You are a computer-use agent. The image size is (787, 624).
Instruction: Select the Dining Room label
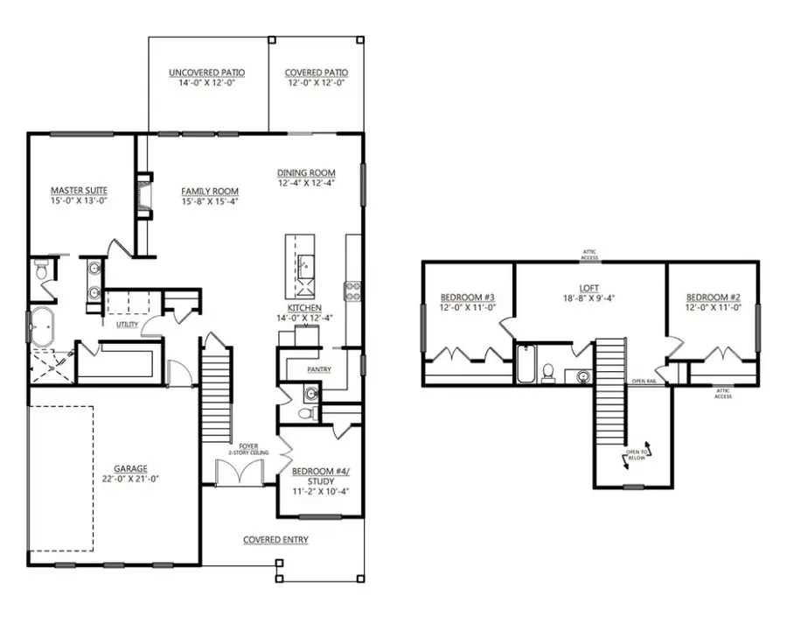pos(306,172)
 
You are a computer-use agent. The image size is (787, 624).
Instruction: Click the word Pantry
pos(319,369)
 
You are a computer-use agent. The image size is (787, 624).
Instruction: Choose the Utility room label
pos(115,324)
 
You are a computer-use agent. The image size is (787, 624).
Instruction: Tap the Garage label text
pos(130,468)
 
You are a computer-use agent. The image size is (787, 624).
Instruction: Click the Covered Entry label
pos(275,539)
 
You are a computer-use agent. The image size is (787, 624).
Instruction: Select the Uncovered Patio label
pos(206,73)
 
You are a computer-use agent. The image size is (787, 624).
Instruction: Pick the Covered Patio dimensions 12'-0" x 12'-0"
pos(317,83)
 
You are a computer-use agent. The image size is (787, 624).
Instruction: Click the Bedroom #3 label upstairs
pos(467,296)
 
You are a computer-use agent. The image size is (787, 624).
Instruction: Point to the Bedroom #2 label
pos(713,296)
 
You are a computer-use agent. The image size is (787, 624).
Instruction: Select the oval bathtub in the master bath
pos(40,328)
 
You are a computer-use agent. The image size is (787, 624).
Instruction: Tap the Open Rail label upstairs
pos(644,382)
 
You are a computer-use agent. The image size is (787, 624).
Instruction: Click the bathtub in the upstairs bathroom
pos(526,365)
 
